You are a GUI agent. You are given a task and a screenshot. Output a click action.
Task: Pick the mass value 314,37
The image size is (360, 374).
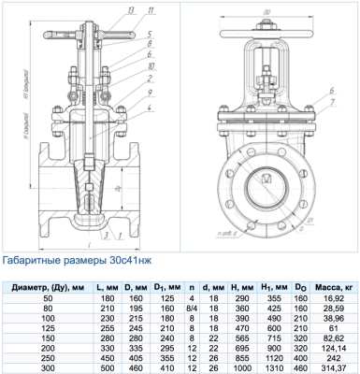(333, 367)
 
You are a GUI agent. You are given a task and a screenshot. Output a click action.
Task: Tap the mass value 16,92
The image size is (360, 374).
(333, 296)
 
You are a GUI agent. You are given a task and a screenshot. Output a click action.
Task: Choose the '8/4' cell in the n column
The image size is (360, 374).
(192, 307)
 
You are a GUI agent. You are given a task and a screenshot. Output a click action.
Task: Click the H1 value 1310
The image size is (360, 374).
(272, 367)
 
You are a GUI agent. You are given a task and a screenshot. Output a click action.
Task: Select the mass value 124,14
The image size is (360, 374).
(333, 347)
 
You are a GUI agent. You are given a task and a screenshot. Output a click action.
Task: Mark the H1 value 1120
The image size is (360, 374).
(272, 357)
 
